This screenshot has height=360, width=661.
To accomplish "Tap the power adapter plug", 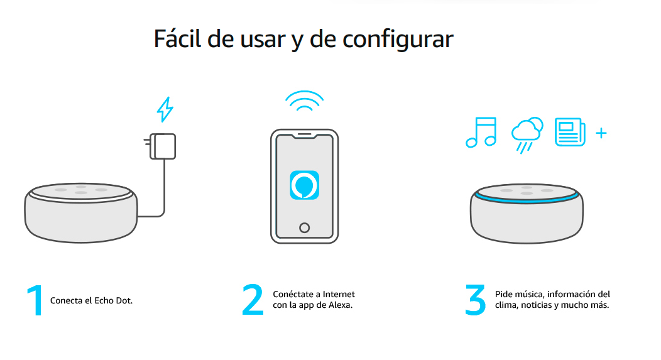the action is pyautogui.click(x=160, y=146).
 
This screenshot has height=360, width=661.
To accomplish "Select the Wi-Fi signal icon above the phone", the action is pyautogui.click(x=304, y=101).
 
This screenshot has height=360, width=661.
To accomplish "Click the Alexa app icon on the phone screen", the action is pyautogui.click(x=304, y=185).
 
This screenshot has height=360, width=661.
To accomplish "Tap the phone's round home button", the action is pyautogui.click(x=304, y=228).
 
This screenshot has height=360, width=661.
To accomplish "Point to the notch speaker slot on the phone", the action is pyautogui.click(x=304, y=135).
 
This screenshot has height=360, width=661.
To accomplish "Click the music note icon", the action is pyautogui.click(x=481, y=133).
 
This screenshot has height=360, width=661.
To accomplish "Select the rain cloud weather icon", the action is pyautogui.click(x=527, y=134).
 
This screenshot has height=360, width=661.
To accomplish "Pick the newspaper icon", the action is pyautogui.click(x=570, y=132).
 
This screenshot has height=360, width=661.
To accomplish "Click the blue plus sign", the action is pyautogui.click(x=601, y=133).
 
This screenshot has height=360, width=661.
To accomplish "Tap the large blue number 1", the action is pyautogui.click(x=36, y=300).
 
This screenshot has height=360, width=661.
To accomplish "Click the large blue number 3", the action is pyautogui.click(x=475, y=300).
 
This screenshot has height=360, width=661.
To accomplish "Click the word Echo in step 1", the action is pyautogui.click(x=104, y=300).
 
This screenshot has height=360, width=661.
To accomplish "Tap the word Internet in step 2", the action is pyautogui.click(x=339, y=294).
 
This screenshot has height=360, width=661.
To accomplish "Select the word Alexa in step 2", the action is pyautogui.click(x=340, y=305).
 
